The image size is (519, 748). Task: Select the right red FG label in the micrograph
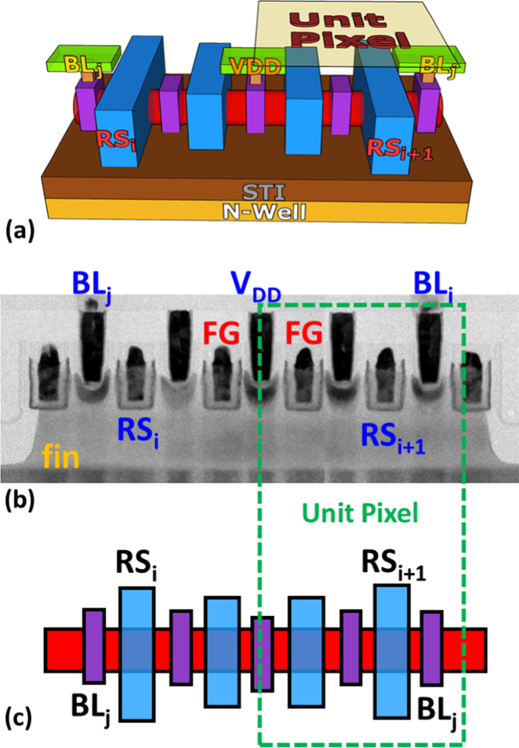point(302,330)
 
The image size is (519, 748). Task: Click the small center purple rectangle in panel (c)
point(261,653)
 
